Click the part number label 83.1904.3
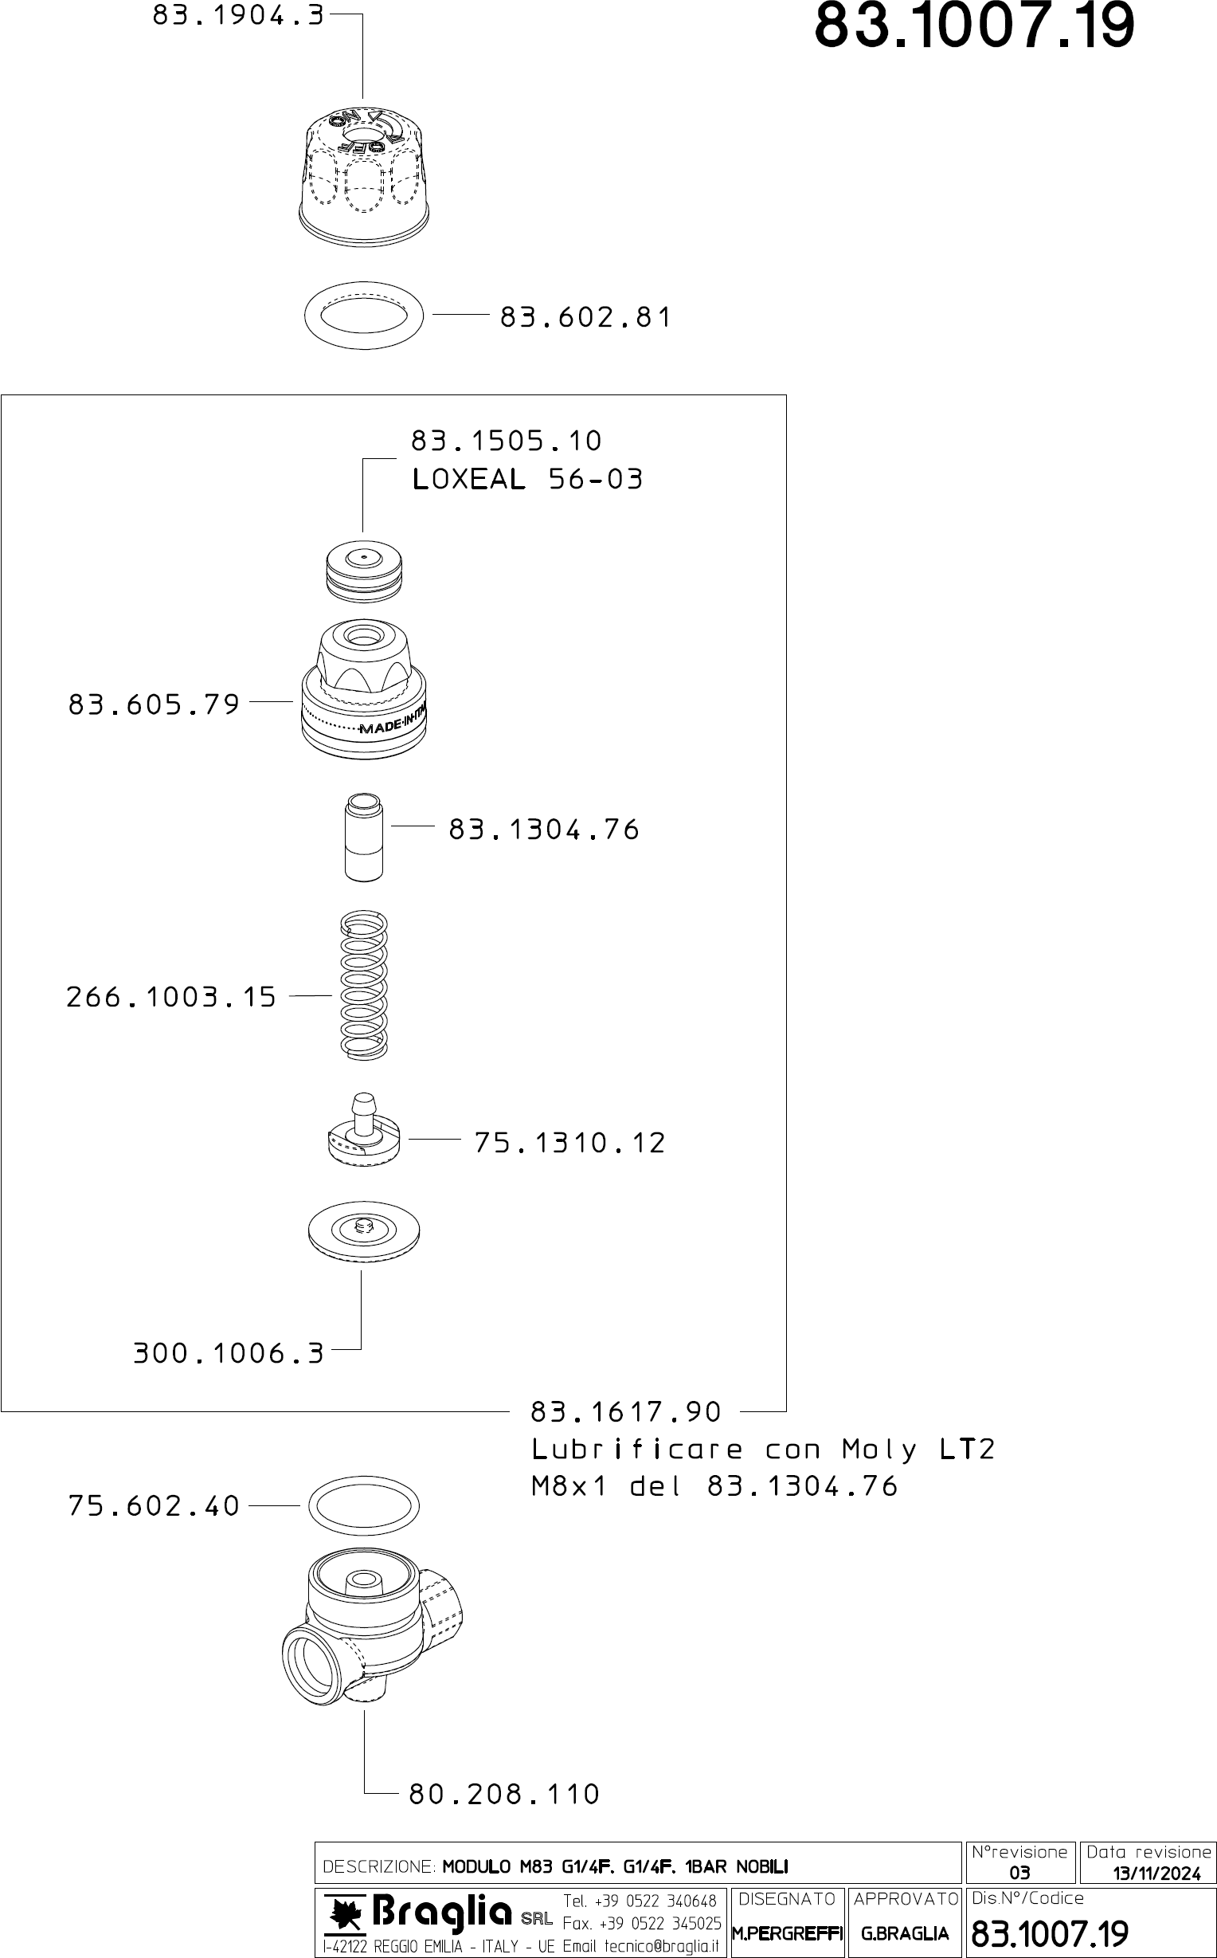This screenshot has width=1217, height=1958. (238, 15)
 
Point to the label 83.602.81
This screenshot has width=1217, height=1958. (585, 317)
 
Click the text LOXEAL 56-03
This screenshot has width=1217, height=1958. (527, 480)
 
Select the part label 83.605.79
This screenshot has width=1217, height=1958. (154, 704)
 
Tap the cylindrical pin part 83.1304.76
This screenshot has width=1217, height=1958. (363, 838)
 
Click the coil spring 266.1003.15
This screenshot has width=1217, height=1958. (364, 984)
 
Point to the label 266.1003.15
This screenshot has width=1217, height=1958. (170, 998)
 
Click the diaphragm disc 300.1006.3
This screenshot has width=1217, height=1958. (364, 1232)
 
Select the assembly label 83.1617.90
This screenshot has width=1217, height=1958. (625, 1412)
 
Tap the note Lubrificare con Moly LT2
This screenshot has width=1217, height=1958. (763, 1450)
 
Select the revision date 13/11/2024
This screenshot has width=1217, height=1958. (1156, 1874)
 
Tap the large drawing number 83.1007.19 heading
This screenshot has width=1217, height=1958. (974, 26)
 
